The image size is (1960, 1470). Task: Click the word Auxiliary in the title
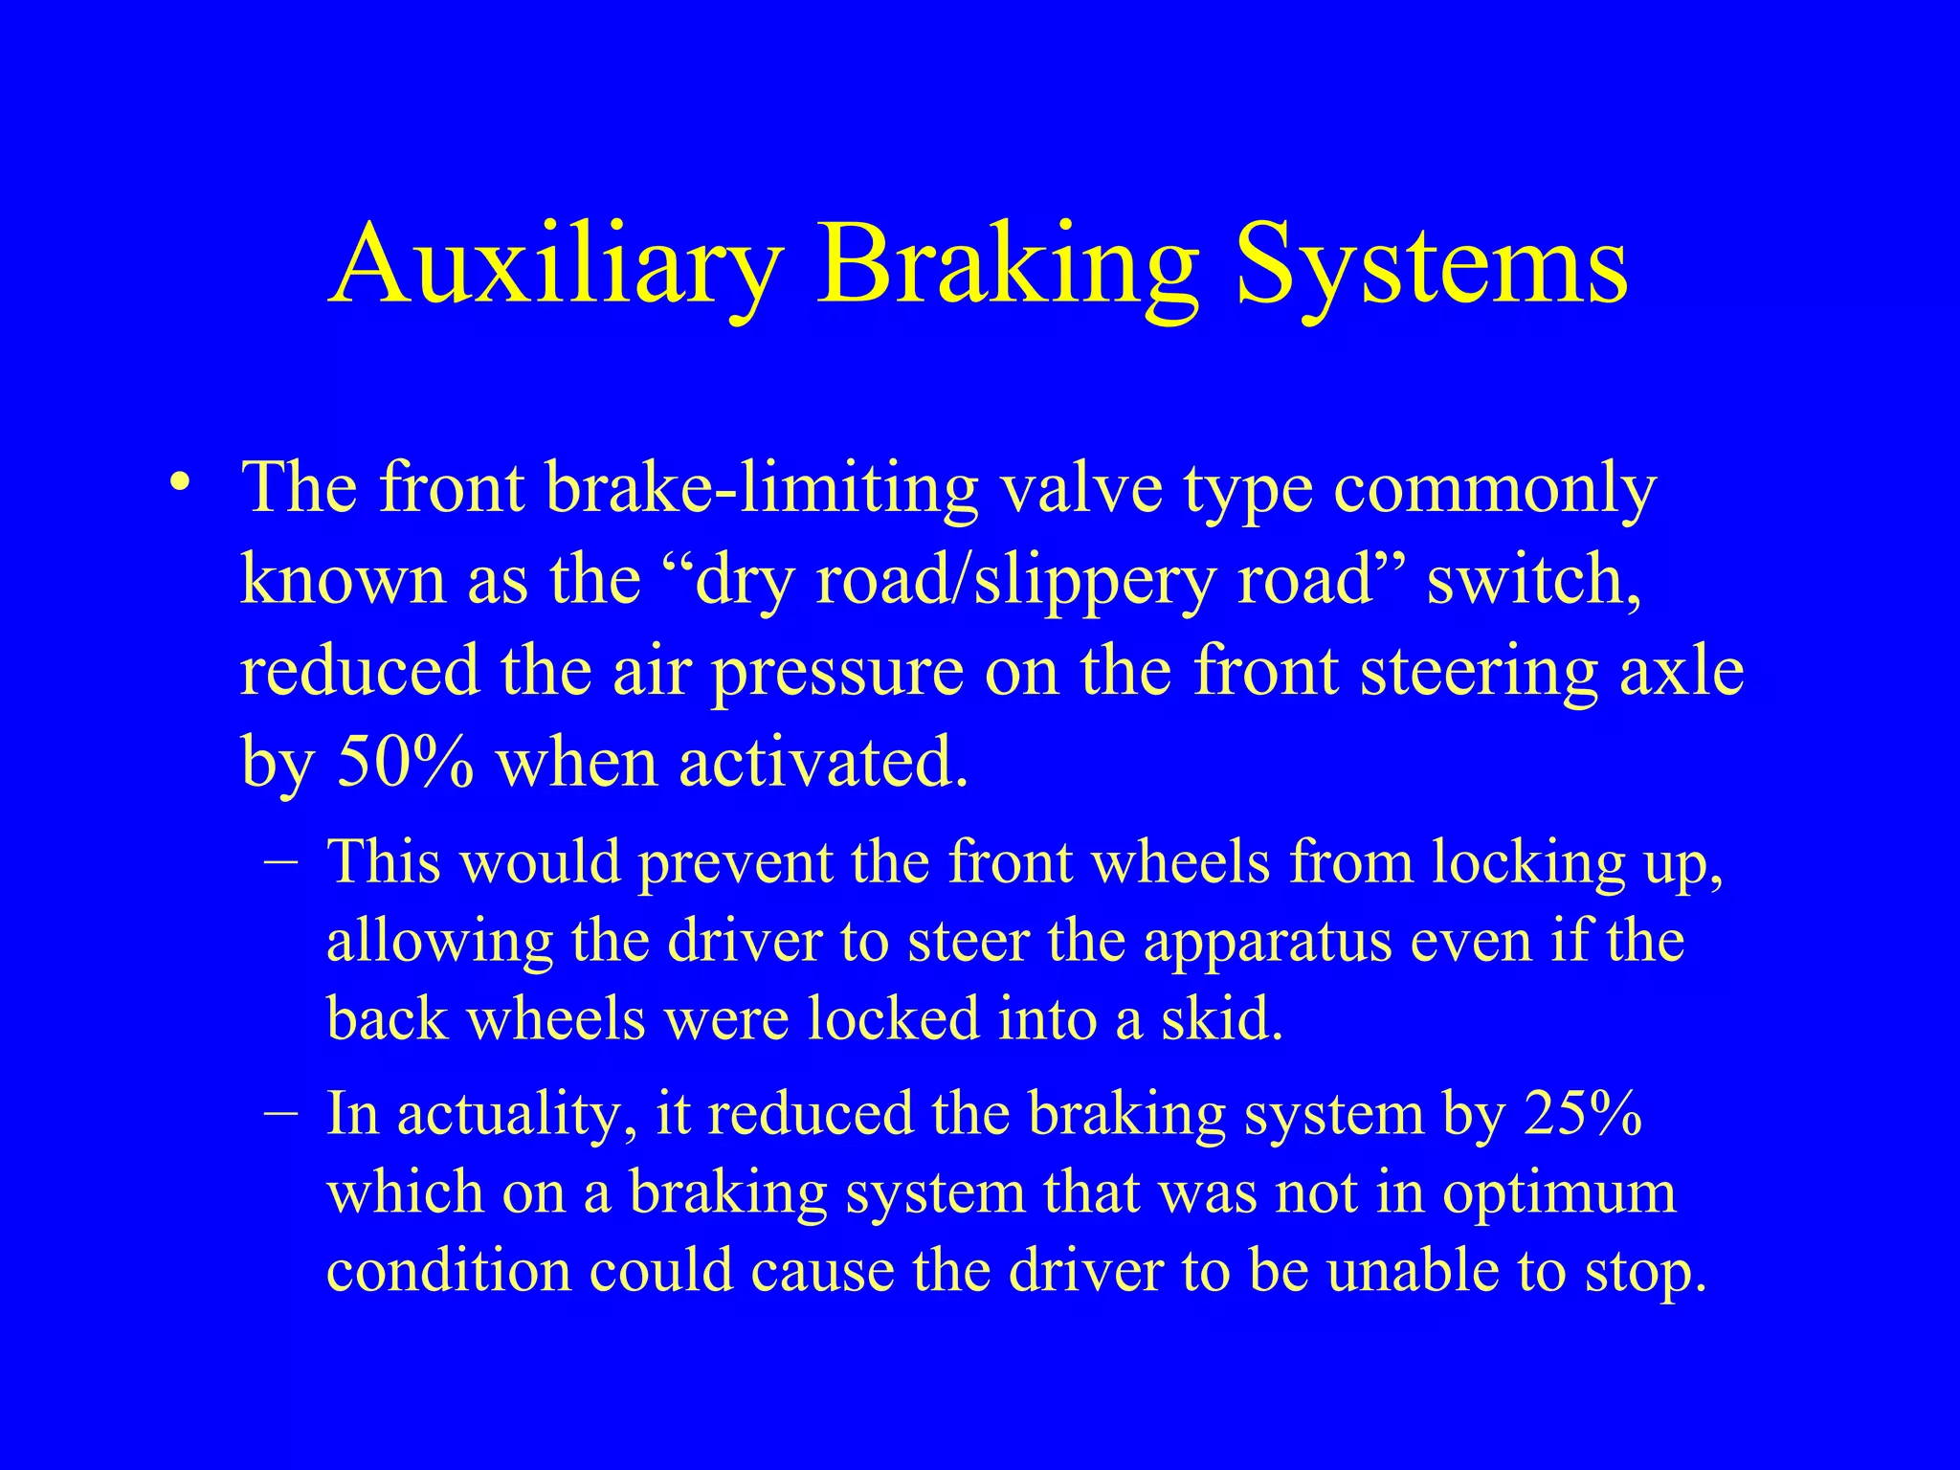pyautogui.click(x=560, y=263)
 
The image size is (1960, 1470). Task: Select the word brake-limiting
pyautogui.click(x=762, y=488)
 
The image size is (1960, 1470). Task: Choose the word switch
pyautogui.click(x=1532, y=580)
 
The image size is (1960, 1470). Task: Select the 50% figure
pyautogui.click(x=405, y=764)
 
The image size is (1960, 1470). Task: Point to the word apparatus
pyautogui.click(x=1267, y=941)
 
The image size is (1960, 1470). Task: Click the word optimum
pyautogui.click(x=1559, y=1194)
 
